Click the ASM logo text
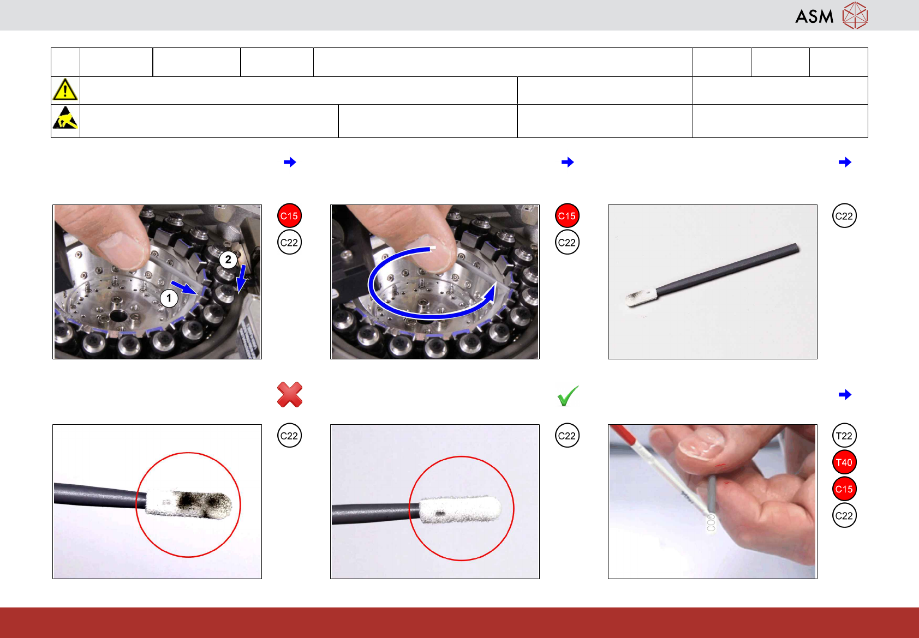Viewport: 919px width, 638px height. tap(814, 17)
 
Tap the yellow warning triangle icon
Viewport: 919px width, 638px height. tap(65, 89)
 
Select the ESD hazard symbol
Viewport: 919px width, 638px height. tap(65, 118)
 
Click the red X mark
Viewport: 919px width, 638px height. tap(290, 394)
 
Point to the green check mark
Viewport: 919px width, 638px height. tap(568, 396)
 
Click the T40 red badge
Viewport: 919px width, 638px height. tap(844, 462)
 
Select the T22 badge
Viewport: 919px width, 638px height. tap(844, 436)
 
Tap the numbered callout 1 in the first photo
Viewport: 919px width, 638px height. tap(169, 298)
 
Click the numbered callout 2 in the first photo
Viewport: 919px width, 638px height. tap(228, 260)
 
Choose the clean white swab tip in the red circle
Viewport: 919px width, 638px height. tap(460, 510)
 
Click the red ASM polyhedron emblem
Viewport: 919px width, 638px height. tap(855, 16)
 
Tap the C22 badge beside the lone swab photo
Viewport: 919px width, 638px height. tap(844, 216)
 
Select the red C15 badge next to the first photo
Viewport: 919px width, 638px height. tap(289, 216)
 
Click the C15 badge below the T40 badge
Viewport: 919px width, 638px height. tap(844, 489)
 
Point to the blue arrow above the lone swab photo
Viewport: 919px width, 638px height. tap(845, 162)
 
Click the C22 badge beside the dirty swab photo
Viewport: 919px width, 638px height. tap(289, 436)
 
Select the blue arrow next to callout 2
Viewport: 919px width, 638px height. tap(242, 279)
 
